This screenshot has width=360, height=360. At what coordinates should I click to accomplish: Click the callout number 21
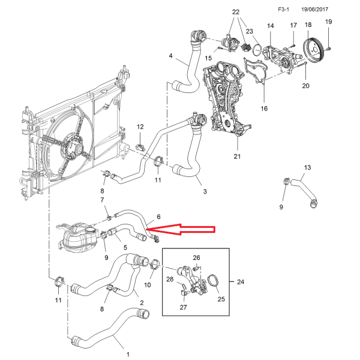[236, 157]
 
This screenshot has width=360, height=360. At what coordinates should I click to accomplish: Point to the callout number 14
[270, 26]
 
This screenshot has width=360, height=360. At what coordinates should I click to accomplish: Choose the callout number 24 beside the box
[241, 281]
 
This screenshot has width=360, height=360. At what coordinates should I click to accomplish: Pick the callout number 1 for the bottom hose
[127, 346]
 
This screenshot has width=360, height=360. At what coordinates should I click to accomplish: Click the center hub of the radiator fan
[76, 146]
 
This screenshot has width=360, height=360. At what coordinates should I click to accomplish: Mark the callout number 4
[171, 56]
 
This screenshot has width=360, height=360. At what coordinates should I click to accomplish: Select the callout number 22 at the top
[235, 12]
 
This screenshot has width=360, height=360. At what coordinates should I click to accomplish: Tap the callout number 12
[140, 127]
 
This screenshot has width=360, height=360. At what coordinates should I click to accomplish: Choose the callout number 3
[205, 191]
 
